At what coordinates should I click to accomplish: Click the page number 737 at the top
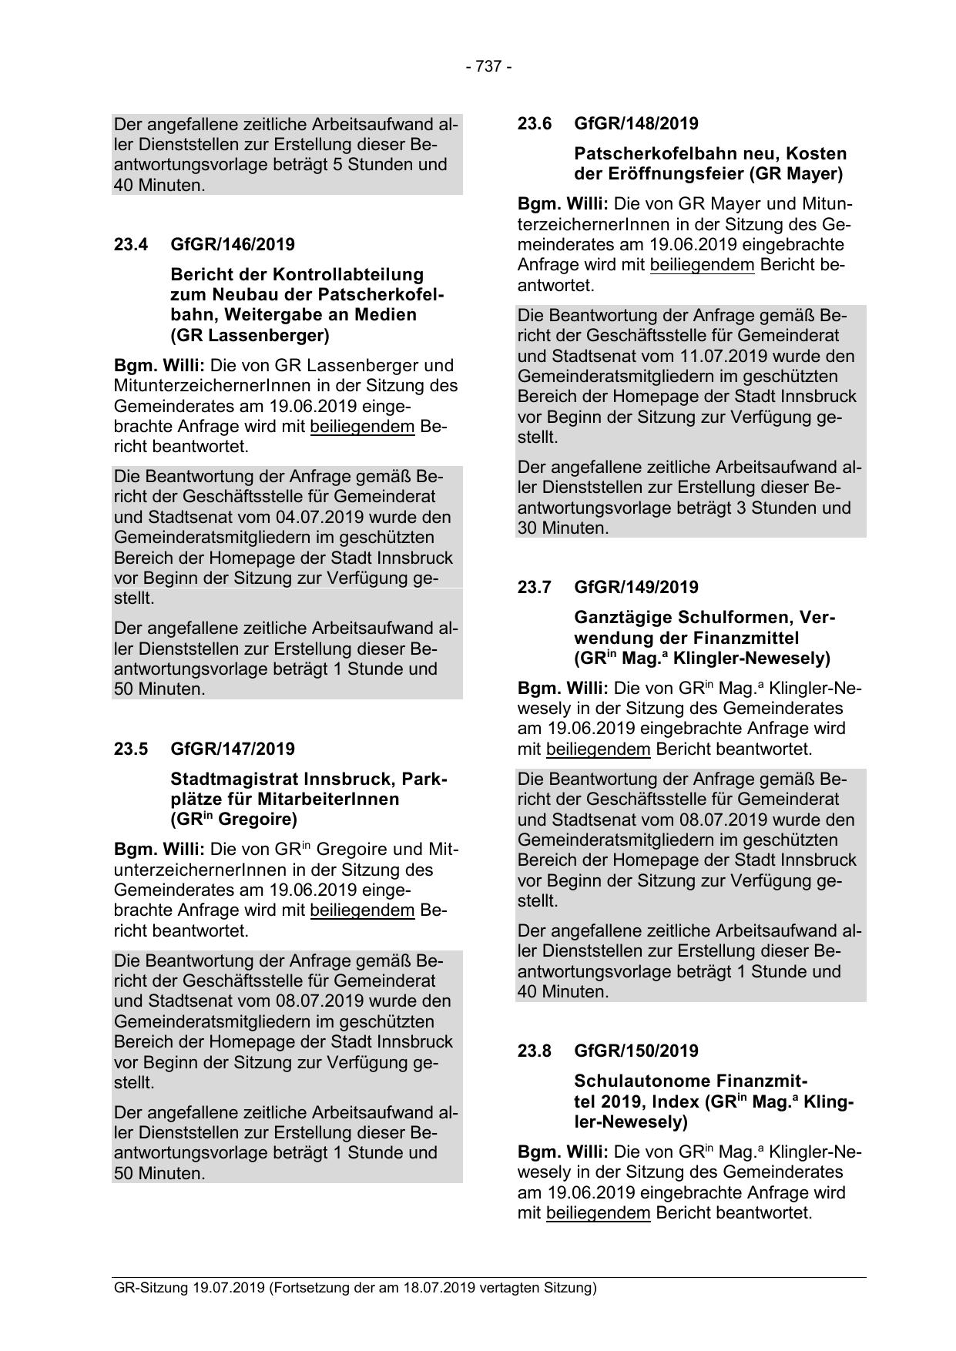(x=488, y=67)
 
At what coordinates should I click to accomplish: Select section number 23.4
(x=130, y=245)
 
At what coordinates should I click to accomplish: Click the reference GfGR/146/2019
(x=233, y=245)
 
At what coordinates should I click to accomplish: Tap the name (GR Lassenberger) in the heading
(x=250, y=335)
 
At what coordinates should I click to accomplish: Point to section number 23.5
(x=130, y=749)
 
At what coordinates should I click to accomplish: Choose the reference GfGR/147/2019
(x=233, y=749)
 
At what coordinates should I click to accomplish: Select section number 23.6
(x=534, y=124)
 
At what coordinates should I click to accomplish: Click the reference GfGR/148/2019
(x=636, y=124)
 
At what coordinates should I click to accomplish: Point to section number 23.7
(x=534, y=588)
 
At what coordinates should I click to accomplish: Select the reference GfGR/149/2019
(x=636, y=588)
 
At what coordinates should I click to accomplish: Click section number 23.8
(x=534, y=1051)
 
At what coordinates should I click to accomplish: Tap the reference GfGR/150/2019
(x=636, y=1051)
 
